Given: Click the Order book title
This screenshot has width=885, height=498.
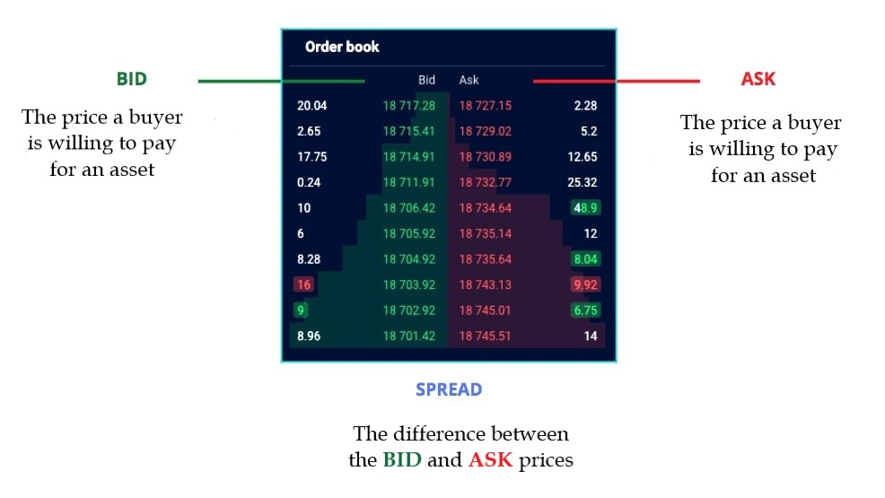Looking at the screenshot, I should click(x=342, y=47).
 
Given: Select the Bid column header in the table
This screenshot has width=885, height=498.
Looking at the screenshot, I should click(x=426, y=80).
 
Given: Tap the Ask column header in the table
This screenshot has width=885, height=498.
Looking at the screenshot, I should click(x=469, y=80).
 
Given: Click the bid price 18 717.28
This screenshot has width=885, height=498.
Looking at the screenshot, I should click(x=408, y=106).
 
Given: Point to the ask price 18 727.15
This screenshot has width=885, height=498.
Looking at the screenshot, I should click(x=486, y=106).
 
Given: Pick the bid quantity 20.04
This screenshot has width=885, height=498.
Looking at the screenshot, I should click(x=311, y=106).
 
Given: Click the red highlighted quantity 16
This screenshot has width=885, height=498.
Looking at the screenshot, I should click(x=302, y=284).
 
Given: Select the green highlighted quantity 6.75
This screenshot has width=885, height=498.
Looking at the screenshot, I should click(x=584, y=310).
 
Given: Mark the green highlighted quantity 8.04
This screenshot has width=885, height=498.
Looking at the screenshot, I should click(x=584, y=259).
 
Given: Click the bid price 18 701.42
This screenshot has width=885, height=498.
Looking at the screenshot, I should click(x=408, y=336).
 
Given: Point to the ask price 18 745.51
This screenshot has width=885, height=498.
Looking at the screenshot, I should click(x=486, y=336).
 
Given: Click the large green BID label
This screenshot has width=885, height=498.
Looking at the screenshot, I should click(x=131, y=79).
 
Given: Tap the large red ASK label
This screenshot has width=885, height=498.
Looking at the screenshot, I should click(x=758, y=79).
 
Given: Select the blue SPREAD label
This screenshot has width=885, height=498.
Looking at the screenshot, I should click(x=448, y=389).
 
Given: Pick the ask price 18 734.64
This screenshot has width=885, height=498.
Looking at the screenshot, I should click(x=486, y=208).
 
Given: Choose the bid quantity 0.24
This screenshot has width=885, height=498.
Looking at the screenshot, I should click(x=310, y=183).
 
